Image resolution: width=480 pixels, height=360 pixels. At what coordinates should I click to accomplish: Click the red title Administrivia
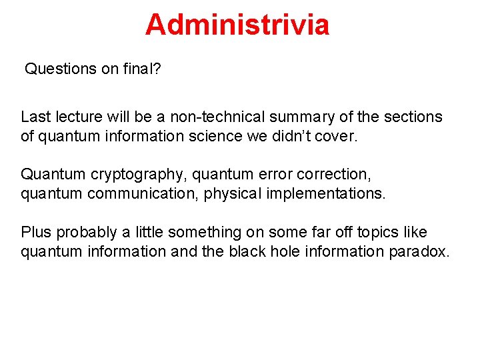pos(237,25)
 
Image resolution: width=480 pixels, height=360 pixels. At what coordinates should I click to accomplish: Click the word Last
pos(35,117)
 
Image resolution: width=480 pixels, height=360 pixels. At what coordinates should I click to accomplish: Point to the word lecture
pos(79,117)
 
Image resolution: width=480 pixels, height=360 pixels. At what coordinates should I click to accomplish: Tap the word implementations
pos(331,194)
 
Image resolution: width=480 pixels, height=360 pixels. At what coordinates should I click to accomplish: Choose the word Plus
pos(36,233)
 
